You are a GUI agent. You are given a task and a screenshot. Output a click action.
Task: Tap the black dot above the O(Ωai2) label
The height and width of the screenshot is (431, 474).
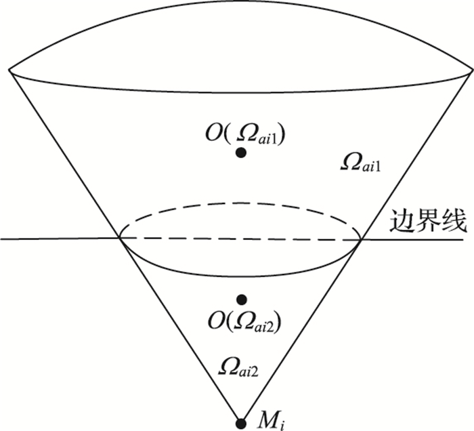(241, 299)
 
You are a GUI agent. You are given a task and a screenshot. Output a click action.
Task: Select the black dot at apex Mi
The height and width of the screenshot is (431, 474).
(240, 424)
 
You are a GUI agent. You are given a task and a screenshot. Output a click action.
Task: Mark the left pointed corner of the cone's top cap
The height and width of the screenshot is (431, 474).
(9, 68)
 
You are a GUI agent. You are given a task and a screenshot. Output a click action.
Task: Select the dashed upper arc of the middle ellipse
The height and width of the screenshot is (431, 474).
(240, 202)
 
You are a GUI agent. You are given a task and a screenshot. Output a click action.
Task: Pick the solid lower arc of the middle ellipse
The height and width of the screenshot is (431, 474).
(240, 275)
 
